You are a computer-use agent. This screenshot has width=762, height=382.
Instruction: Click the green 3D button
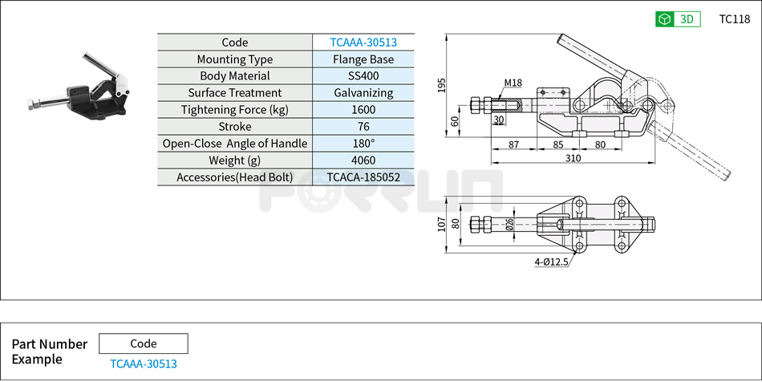678,19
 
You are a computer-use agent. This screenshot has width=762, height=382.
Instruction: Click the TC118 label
734,19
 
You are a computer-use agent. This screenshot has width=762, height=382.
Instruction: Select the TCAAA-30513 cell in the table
363,43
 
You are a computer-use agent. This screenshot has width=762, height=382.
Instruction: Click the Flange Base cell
363,59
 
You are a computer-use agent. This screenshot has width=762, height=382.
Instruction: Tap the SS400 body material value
363,76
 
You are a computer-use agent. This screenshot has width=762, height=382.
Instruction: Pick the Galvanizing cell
363,93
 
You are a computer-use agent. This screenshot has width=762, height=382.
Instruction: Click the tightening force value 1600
363,110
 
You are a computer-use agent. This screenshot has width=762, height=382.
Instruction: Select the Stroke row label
234,127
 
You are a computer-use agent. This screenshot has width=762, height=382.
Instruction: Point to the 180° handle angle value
363,144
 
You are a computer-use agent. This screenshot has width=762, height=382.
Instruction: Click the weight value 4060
363,161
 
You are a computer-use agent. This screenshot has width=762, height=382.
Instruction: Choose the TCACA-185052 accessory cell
363,177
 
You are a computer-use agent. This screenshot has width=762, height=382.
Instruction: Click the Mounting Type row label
234,59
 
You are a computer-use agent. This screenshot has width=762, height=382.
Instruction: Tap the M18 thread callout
513,83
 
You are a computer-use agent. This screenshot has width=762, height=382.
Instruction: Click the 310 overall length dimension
572,159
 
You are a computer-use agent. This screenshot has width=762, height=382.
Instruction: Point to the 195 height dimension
441,86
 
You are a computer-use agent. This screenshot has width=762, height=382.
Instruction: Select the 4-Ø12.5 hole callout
552,262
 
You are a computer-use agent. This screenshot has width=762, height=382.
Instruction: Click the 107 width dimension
442,224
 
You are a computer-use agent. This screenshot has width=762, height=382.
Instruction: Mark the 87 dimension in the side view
513,144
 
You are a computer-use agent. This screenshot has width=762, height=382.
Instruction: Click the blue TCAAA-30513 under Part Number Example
143,364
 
